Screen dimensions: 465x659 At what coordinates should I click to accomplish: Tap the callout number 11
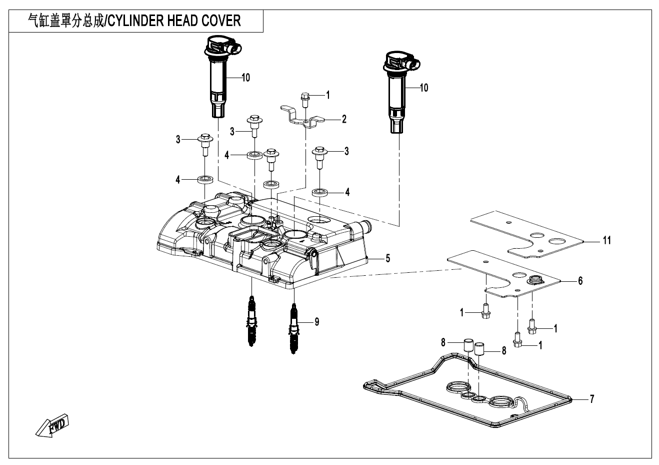point(606,241)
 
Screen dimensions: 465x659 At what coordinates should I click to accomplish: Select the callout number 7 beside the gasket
point(591,399)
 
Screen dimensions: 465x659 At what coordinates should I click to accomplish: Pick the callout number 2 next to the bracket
point(344,119)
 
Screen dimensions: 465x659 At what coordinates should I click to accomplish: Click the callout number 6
point(580,281)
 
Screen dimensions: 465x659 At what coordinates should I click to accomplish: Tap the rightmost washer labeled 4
point(320,192)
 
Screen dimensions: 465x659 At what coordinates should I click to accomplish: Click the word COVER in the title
point(222,21)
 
